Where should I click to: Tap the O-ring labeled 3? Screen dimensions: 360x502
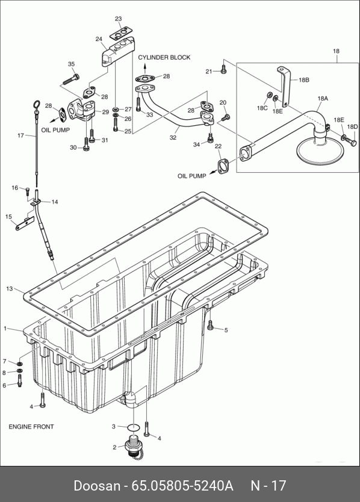point(133,427)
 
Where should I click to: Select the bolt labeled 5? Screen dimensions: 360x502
point(210,325)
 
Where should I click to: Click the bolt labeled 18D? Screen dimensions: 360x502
point(352,142)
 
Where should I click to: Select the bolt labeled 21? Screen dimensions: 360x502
point(223,69)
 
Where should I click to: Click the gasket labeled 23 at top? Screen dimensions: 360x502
point(121,33)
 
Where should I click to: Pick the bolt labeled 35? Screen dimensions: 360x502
point(71,79)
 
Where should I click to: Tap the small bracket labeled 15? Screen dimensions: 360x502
point(25,223)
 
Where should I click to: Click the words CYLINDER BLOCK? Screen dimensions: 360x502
point(164,57)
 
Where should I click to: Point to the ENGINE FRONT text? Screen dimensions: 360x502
point(31,427)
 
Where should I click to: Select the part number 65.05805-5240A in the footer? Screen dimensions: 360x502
point(182,486)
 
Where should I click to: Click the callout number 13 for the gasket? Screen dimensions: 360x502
point(10,289)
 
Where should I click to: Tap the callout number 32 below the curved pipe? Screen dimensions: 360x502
point(173,137)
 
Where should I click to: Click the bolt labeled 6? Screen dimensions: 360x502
point(19,380)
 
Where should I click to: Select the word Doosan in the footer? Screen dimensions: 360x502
point(97,486)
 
